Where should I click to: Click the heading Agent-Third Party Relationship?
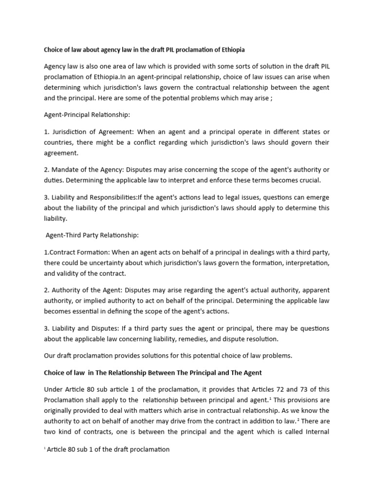92,235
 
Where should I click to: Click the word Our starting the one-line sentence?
51,355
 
